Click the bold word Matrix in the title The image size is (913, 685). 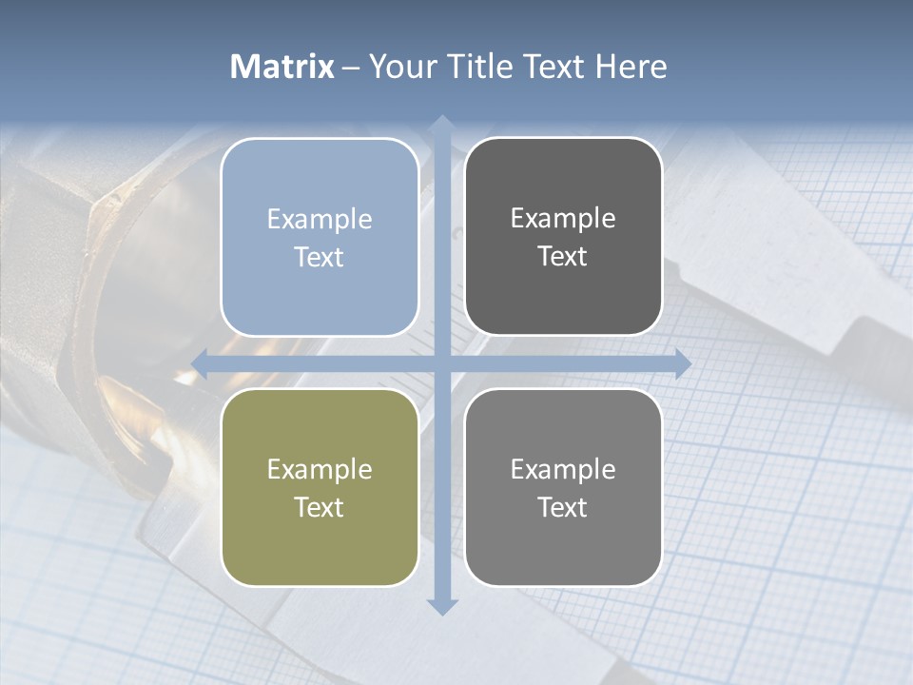point(282,67)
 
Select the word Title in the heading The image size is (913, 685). point(483,67)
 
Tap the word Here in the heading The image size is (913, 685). point(631,67)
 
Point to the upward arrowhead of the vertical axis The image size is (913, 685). point(441,124)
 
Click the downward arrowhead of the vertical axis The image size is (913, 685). point(441,606)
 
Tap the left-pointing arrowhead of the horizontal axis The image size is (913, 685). point(201,363)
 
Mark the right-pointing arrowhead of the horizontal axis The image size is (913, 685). point(682,363)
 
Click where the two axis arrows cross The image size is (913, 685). point(441,363)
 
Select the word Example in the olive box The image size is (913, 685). point(320,469)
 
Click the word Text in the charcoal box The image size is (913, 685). point(563,257)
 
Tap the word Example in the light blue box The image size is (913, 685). point(320,219)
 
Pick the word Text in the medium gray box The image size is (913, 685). point(563,507)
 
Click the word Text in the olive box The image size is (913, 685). point(320,507)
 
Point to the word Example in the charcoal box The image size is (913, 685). point(563,218)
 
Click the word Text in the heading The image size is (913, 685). point(554,67)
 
